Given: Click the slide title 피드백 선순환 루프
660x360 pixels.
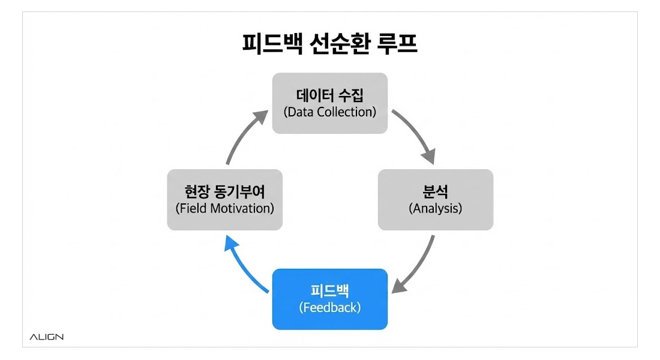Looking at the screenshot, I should click(x=329, y=45).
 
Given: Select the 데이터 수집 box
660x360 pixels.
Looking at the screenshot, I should click(x=329, y=103).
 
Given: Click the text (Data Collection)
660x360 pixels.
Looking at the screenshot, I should click(x=329, y=112).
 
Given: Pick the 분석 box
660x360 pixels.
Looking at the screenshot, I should click(x=435, y=199).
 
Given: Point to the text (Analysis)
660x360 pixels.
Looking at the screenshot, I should click(x=435, y=209).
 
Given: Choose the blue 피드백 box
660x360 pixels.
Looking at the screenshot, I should click(x=329, y=299).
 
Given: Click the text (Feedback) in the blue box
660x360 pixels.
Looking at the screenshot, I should click(x=329, y=308).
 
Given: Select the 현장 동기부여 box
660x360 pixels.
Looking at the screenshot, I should click(x=224, y=199).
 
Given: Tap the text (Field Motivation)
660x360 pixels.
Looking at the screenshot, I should click(x=224, y=209).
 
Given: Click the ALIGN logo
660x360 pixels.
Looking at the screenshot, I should click(x=46, y=337).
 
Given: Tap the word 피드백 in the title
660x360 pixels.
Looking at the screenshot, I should click(x=266, y=45).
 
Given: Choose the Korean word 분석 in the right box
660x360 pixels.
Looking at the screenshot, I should click(x=435, y=192).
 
